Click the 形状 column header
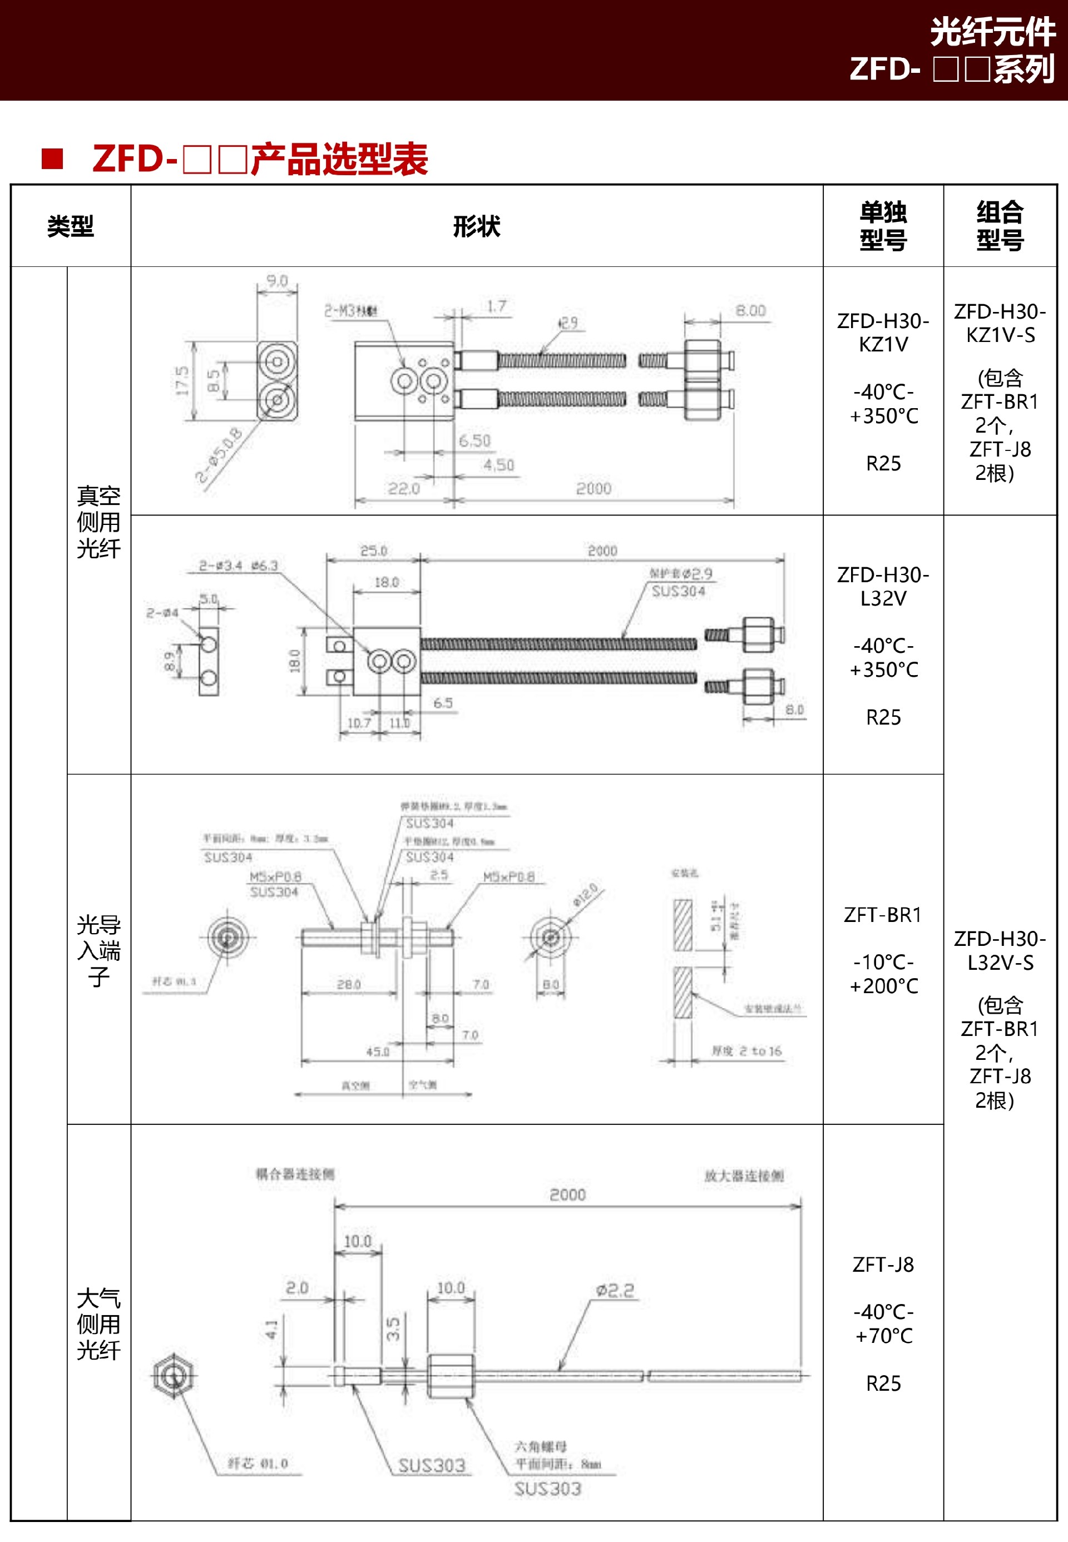point(477,226)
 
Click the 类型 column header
point(70,226)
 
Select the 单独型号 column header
point(883,226)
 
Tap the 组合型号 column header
point(1000,226)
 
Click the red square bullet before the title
point(52,158)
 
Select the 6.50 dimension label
point(474,441)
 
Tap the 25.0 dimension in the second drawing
point(373,551)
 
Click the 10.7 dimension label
point(359,722)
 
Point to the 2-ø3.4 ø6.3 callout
point(238,566)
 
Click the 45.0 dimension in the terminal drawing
point(377,1052)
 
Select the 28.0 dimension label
point(349,984)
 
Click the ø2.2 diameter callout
point(614,1290)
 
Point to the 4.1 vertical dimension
point(271,1328)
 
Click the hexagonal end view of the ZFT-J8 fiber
point(174,1375)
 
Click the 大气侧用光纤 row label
point(98,1324)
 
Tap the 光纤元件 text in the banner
point(992,32)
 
